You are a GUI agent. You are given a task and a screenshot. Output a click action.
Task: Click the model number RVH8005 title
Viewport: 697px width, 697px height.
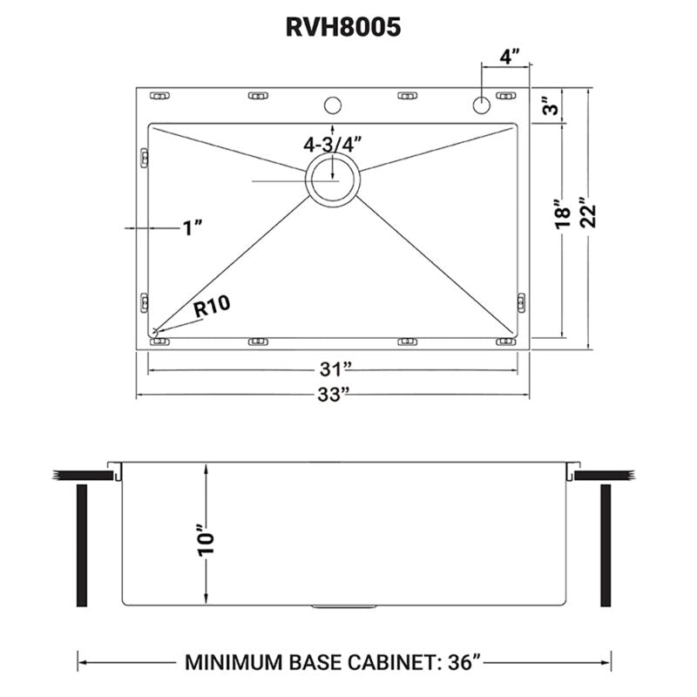pos(343,27)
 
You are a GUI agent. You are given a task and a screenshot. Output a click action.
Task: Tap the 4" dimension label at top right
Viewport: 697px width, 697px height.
pos(510,57)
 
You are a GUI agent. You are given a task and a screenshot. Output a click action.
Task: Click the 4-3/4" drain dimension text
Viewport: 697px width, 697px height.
pos(332,144)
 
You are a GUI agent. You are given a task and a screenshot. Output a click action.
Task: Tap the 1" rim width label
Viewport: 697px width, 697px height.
pos(193,228)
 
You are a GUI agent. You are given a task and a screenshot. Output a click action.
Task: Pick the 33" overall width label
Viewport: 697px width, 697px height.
pos(335,394)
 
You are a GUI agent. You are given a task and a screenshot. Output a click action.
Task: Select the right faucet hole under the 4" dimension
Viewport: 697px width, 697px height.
pos(481,105)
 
